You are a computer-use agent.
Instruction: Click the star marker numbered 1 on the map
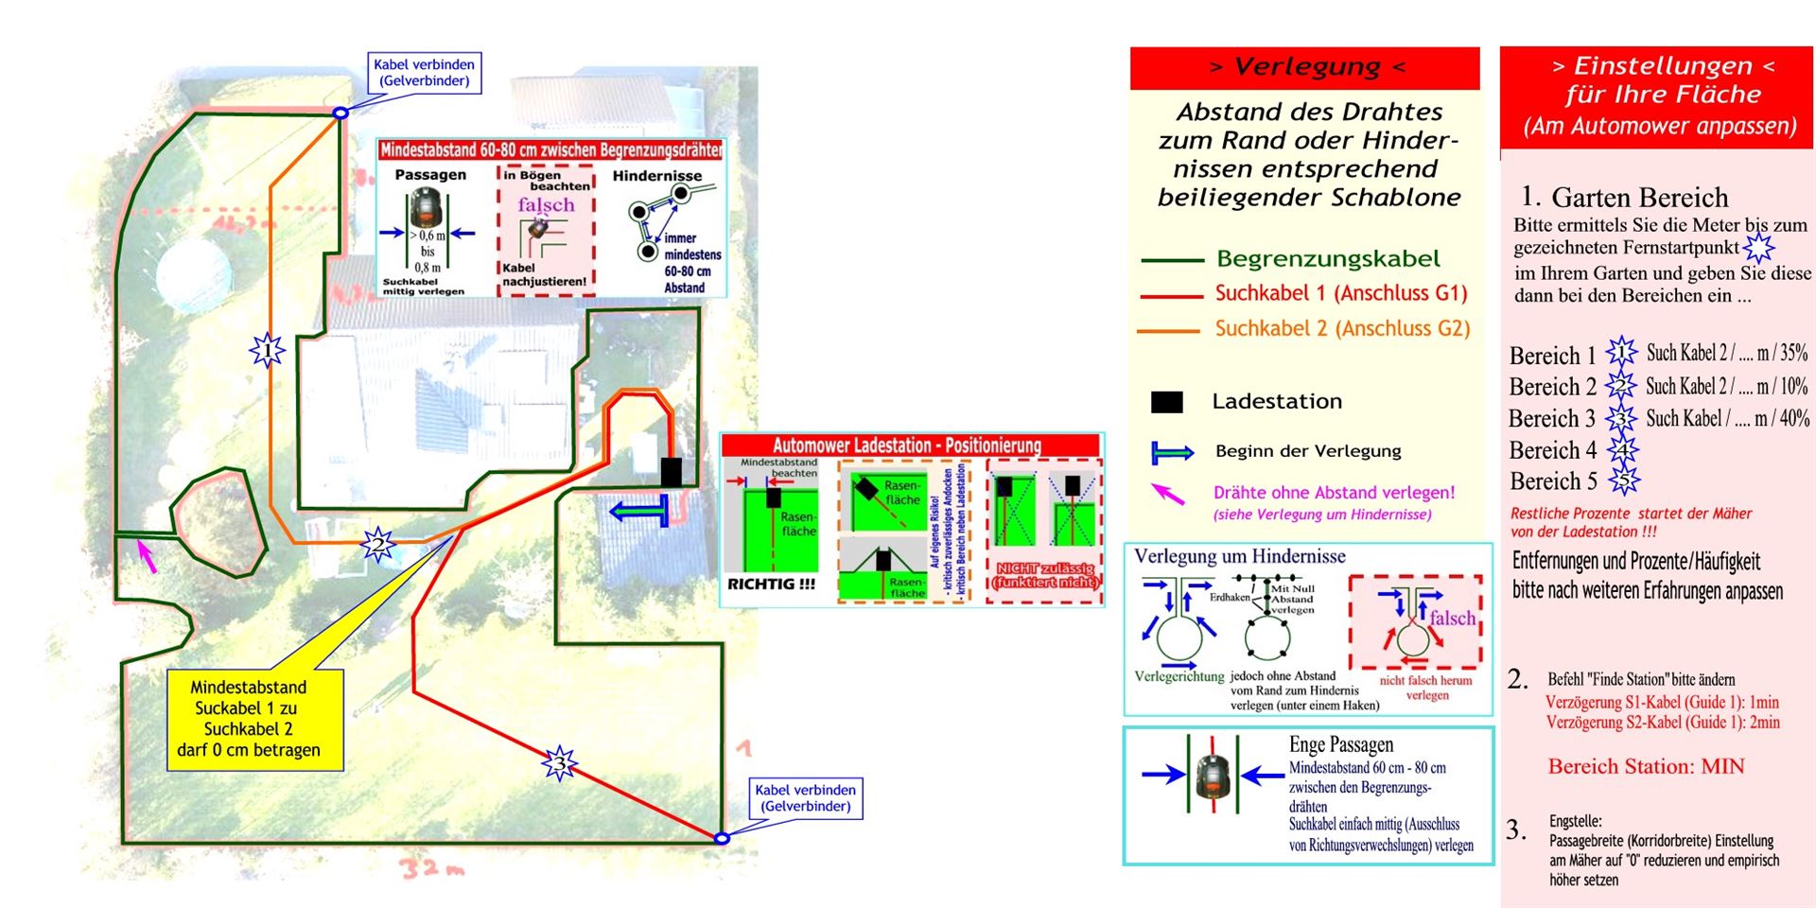[x=268, y=351]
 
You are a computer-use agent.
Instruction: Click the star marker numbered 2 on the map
[x=378, y=545]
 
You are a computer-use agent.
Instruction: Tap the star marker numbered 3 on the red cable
[x=559, y=762]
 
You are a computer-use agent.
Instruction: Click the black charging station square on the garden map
[x=671, y=472]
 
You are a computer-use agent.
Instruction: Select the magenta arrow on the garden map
[x=147, y=555]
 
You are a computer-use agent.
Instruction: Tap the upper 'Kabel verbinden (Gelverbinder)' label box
[x=424, y=73]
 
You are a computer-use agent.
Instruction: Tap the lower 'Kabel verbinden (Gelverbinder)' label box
[x=806, y=798]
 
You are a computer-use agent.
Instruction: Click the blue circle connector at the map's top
[x=340, y=113]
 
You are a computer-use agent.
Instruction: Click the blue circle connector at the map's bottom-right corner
[x=722, y=838]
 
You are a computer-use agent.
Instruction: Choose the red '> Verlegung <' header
[x=1305, y=68]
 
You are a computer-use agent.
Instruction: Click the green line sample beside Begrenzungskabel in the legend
[x=1171, y=260]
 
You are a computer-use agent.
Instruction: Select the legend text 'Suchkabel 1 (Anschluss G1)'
[x=1340, y=294]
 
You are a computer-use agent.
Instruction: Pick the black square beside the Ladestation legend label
[x=1166, y=402]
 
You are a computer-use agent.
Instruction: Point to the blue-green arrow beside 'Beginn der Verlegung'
[x=1172, y=453]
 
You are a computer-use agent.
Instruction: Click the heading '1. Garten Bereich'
[x=1625, y=197]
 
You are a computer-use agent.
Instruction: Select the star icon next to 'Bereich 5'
[x=1625, y=481]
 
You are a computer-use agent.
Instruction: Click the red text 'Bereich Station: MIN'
[x=1646, y=766]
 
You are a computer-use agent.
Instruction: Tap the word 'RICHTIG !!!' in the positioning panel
[x=771, y=585]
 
